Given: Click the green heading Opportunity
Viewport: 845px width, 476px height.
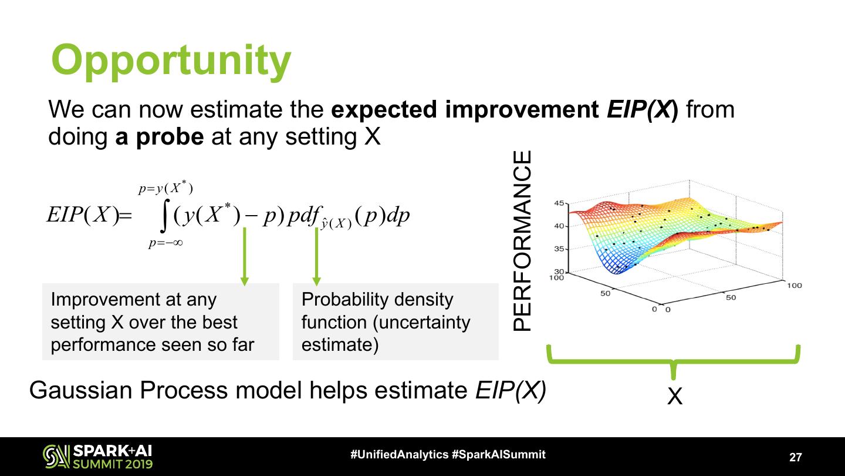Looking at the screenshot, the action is (x=171, y=62).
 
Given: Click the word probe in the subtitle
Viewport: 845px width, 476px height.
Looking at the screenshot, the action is (x=170, y=137).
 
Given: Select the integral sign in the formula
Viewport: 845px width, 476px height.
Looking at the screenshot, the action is (x=164, y=216).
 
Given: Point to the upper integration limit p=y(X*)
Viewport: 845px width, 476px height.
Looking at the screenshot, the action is (x=165, y=187).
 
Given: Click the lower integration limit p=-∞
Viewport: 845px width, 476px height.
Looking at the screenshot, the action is (x=165, y=243).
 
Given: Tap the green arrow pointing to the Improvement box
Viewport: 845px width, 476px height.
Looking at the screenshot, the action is (x=245, y=256).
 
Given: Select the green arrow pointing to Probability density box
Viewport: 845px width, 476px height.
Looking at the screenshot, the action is (x=316, y=256).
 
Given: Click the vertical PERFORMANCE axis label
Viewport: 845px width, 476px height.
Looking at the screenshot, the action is (x=522, y=241).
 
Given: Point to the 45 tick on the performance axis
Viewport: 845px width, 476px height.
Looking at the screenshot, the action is (x=559, y=203).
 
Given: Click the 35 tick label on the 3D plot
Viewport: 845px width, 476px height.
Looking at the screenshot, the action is (x=559, y=249).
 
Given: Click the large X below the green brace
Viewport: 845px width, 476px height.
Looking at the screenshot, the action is (x=675, y=396).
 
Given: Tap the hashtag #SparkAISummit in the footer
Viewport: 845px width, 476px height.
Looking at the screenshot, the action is (x=499, y=454).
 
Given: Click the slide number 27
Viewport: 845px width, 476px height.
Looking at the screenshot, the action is (x=796, y=457).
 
